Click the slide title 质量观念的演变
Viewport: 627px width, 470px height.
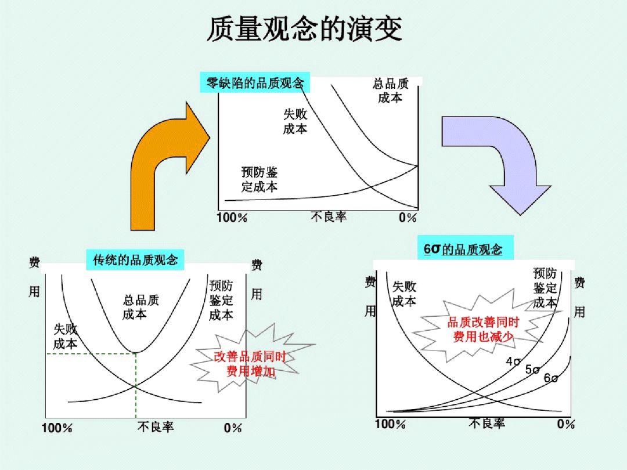(x=304, y=30)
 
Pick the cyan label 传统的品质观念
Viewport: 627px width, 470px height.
(x=135, y=259)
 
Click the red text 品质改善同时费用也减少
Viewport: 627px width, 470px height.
(x=483, y=329)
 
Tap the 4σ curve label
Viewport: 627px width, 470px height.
(x=513, y=361)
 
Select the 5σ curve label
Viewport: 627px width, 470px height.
(x=532, y=370)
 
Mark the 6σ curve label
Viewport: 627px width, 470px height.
(x=551, y=378)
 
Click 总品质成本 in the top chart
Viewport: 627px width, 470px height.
(x=390, y=91)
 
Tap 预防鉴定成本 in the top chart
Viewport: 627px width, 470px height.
(x=259, y=179)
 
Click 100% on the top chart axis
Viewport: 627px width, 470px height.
(x=232, y=218)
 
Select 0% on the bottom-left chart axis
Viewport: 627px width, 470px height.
(x=233, y=428)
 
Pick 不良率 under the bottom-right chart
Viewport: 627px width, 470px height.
(x=487, y=424)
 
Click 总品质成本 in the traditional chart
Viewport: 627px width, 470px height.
(x=140, y=308)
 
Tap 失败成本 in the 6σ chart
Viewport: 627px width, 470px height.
(x=403, y=294)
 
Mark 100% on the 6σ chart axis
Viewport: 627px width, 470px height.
(x=390, y=424)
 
